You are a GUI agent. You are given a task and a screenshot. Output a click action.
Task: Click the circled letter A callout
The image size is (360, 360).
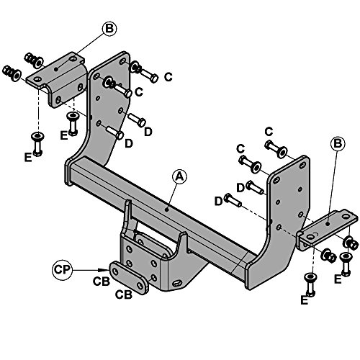180,176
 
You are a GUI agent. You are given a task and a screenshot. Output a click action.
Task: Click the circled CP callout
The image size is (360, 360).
62,270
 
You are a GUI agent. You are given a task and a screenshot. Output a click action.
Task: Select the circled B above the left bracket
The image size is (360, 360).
109,29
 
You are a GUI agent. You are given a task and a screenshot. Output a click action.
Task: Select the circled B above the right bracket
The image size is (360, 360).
338,144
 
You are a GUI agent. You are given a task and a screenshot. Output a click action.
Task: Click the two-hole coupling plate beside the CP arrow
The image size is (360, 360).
129,278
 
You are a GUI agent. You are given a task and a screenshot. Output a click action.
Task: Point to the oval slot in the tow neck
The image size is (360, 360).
177,283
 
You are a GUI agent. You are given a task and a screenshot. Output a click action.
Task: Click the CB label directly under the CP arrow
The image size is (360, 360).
102,282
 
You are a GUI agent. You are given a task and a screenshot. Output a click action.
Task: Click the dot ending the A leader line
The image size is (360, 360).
166,210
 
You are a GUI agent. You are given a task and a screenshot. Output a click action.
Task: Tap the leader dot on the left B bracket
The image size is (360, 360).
56,69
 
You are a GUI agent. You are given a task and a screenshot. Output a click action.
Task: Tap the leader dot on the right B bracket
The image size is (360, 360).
328,224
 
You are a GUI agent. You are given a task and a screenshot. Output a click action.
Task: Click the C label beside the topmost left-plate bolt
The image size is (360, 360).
168,77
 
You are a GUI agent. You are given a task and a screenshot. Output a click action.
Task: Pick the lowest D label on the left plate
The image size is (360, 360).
129,143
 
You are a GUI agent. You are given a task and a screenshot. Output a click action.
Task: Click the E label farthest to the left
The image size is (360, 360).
28,158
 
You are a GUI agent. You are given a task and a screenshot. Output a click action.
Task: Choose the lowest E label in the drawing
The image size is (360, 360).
305,300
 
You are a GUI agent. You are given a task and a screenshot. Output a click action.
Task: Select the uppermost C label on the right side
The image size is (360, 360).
269,132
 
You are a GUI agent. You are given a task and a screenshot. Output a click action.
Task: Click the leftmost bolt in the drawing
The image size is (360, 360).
12,73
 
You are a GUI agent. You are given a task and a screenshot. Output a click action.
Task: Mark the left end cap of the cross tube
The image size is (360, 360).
68,172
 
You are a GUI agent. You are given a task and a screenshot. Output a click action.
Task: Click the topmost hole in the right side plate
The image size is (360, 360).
302,165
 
